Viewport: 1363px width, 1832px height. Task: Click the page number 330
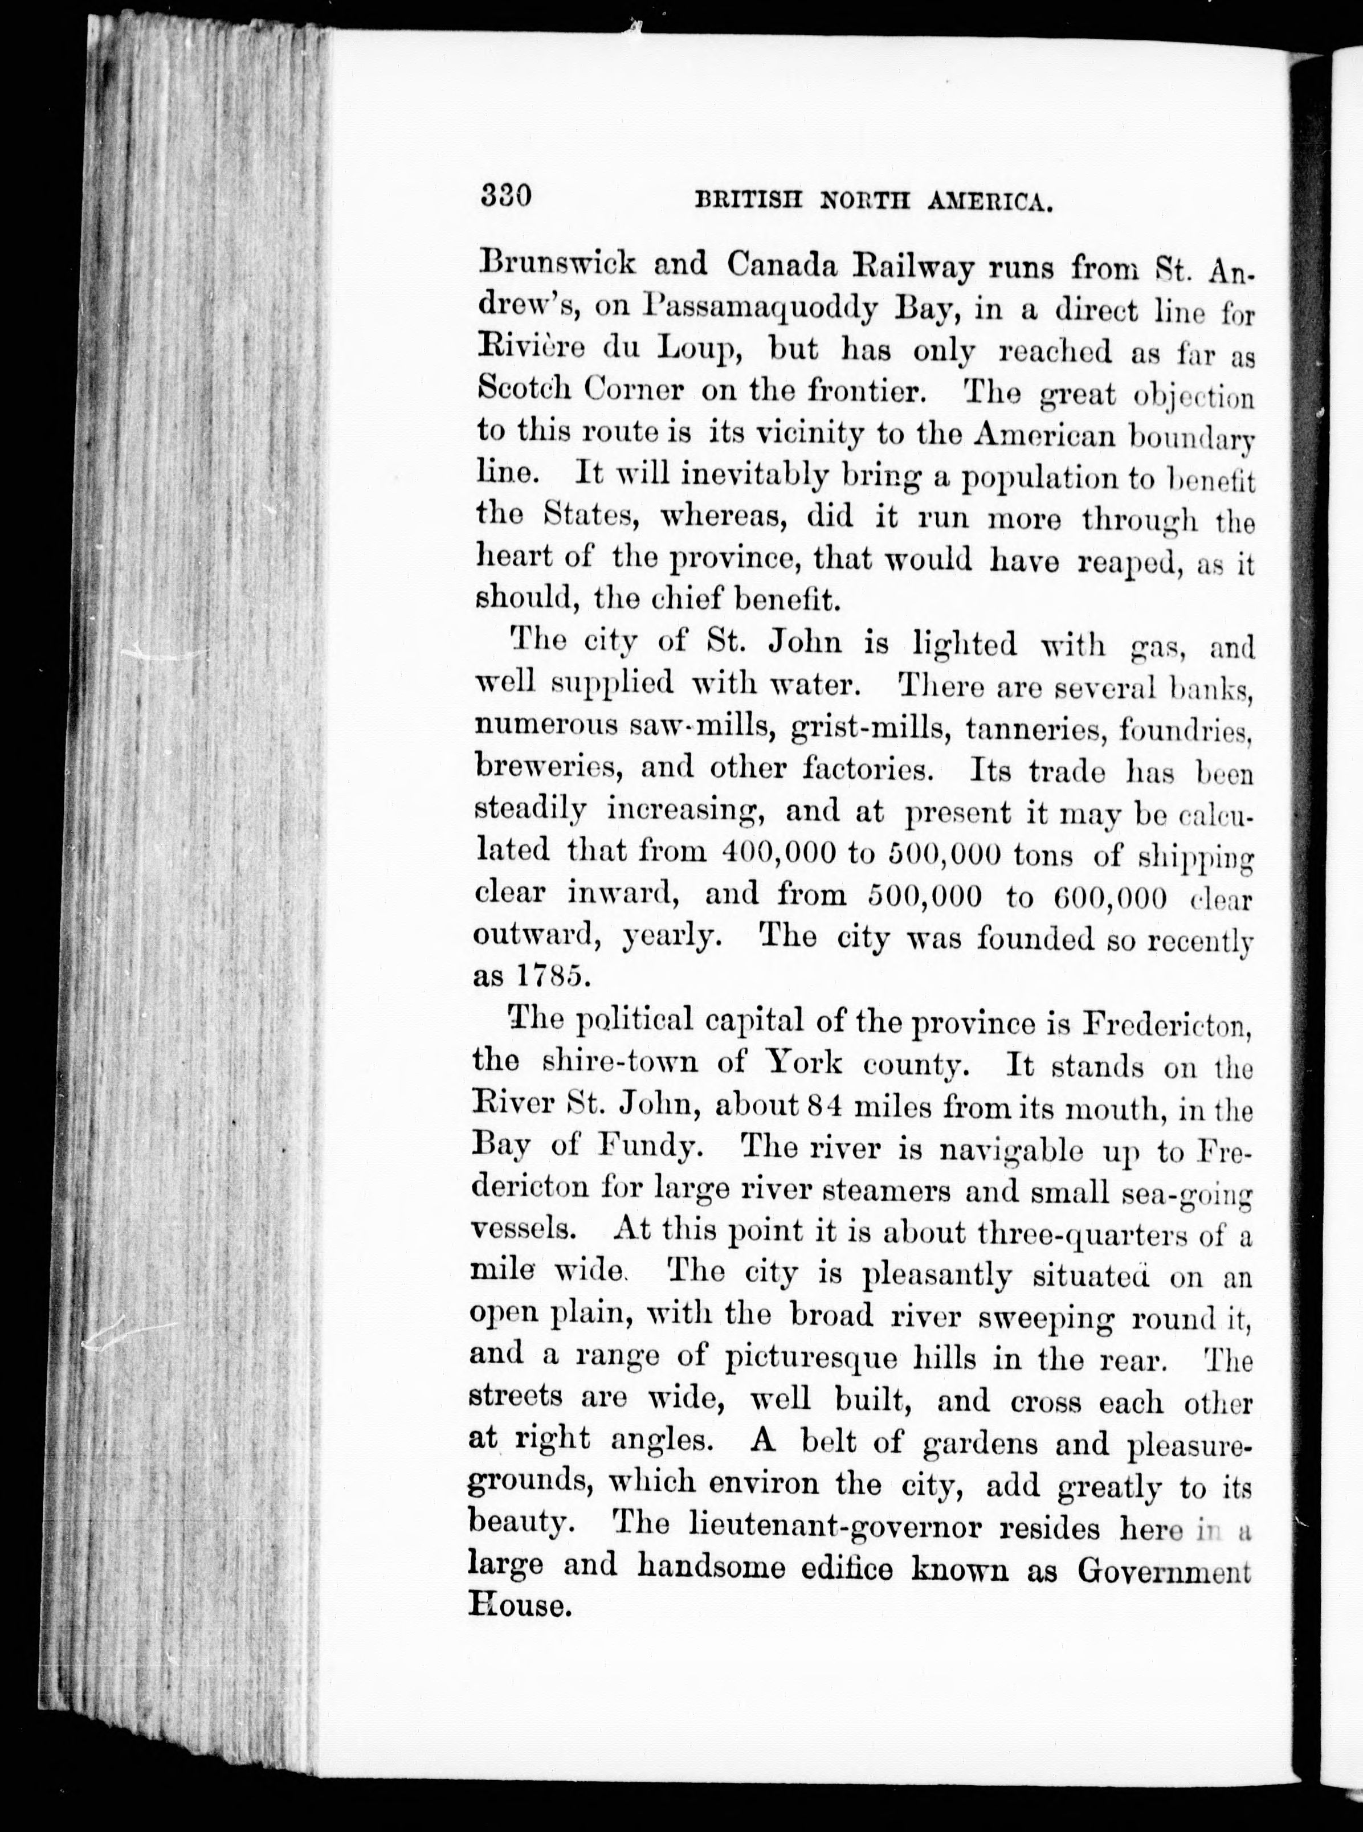[505, 198]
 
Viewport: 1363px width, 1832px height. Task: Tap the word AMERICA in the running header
[987, 201]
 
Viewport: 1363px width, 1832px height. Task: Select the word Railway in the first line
[891, 265]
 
